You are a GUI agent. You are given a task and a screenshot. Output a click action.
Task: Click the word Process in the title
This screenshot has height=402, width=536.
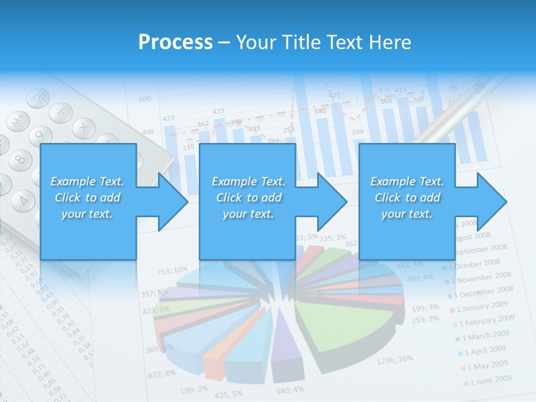pos(175,42)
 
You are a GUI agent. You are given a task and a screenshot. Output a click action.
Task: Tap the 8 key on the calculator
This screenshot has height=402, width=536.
pos(20,160)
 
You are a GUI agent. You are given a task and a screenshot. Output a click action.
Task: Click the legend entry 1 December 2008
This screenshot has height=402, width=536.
pos(484,291)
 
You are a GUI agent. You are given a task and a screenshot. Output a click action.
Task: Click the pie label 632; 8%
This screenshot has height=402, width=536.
pos(162,373)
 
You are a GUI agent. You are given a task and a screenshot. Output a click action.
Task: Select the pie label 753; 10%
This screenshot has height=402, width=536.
pos(172,271)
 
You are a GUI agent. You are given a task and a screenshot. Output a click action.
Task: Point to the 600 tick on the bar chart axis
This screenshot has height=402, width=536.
pos(145,99)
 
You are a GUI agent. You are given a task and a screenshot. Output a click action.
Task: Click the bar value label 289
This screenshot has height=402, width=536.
pos(254,128)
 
